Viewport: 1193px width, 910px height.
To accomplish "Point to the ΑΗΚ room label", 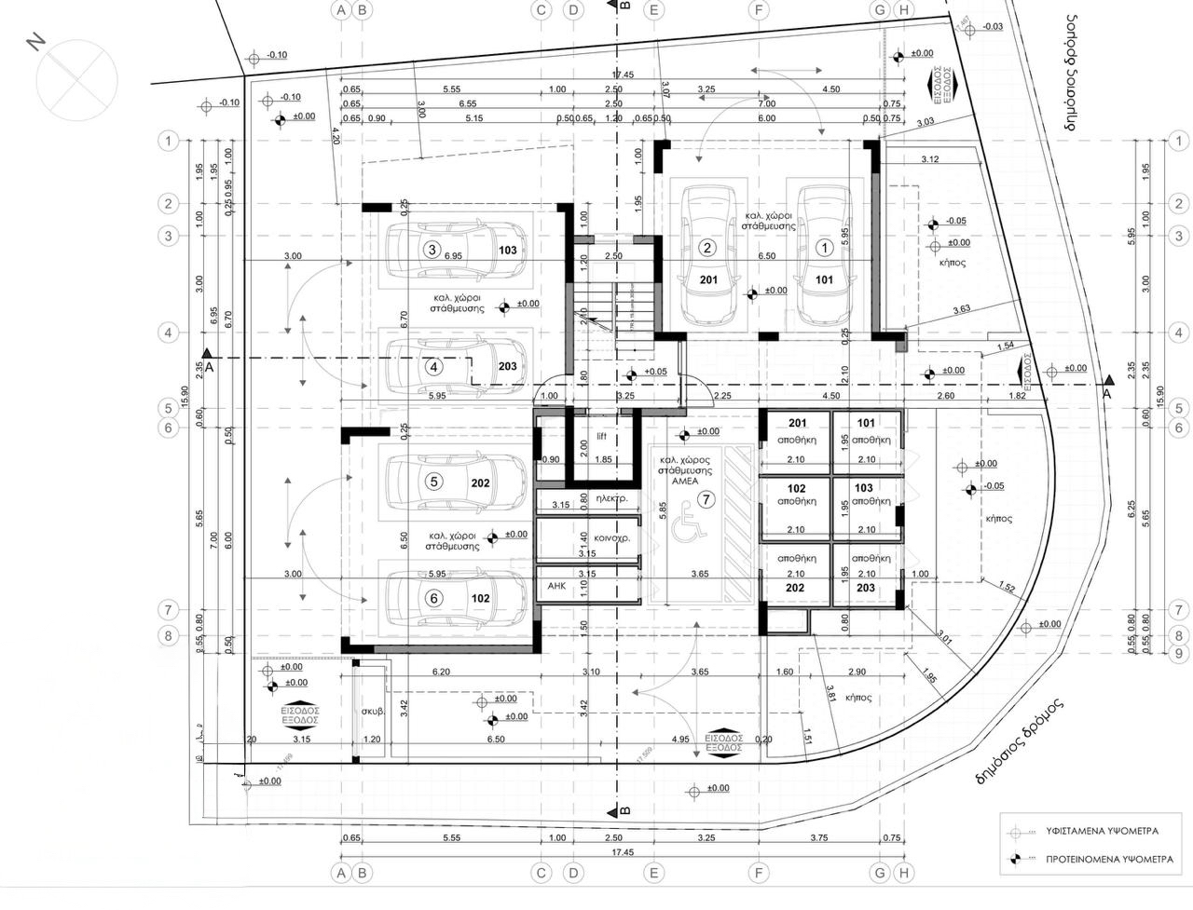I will (556, 586).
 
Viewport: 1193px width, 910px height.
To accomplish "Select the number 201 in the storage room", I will (797, 424).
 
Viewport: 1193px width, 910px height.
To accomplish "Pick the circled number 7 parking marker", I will (706, 500).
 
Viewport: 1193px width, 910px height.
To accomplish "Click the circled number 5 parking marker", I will (432, 482).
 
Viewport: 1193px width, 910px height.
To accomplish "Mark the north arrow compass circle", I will (75, 75).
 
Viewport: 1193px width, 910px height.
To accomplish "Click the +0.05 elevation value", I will (655, 373).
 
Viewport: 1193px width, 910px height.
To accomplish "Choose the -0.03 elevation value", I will (993, 27).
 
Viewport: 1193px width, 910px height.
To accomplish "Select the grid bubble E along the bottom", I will (654, 873).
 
